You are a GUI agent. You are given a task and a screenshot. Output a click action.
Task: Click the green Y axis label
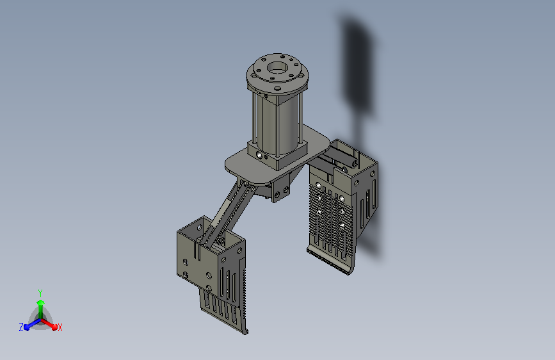pos(40,293)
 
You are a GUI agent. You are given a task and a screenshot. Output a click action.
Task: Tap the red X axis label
pos(60,327)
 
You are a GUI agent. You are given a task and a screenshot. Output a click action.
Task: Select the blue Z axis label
pos(21,327)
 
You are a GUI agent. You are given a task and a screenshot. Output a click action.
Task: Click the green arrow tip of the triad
pos(41,302)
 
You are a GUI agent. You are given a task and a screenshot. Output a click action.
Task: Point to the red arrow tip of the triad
pos(54,327)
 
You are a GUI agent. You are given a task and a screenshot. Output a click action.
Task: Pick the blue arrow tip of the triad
pos(27,327)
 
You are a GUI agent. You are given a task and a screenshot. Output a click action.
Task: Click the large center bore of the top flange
pos(277,67)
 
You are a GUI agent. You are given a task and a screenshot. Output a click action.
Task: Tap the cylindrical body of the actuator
pos(278,120)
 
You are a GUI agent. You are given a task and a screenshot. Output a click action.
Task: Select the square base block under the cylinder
pos(277,156)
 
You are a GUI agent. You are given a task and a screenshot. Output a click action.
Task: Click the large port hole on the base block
pos(260,155)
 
